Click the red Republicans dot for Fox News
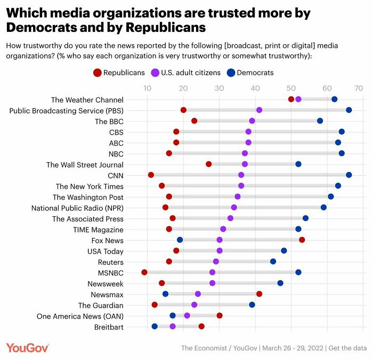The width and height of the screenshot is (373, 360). (302, 240)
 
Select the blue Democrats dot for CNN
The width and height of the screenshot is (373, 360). (348, 175)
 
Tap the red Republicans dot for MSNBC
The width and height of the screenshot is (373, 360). (144, 272)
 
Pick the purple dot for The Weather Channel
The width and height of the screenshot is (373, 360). (298, 99)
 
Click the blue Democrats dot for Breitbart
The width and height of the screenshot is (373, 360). (155, 326)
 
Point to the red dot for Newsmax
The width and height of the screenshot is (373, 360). (259, 294)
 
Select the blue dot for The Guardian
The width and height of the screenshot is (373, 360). (252, 305)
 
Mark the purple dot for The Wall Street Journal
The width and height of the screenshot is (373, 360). (245, 164)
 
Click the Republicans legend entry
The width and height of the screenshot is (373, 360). (120, 72)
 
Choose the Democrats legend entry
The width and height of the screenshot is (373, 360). (249, 72)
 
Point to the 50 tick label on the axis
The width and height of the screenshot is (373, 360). (290, 88)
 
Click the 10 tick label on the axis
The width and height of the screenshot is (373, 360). (147, 88)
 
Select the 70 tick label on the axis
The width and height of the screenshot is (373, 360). (359, 88)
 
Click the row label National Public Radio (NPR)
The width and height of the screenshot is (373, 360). (77, 208)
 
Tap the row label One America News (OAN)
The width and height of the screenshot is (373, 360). (80, 316)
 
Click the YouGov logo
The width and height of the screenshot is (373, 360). (28, 348)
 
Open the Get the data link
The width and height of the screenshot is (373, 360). (347, 348)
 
